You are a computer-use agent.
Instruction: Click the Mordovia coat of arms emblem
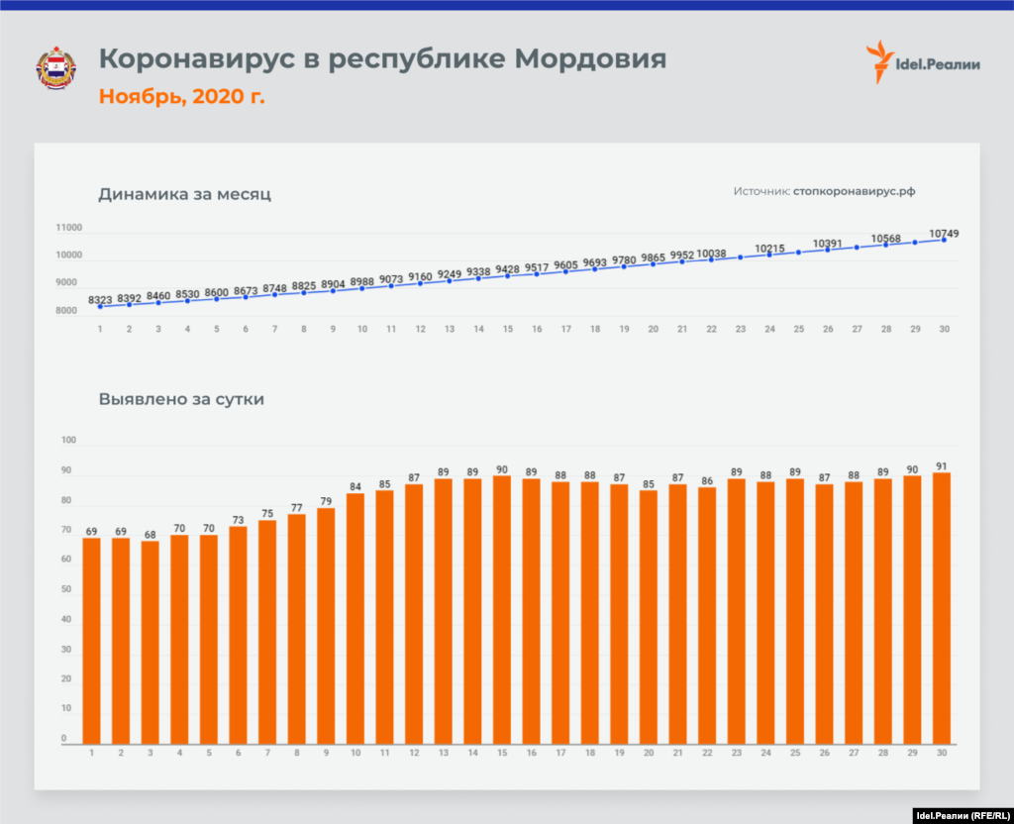click(x=55, y=68)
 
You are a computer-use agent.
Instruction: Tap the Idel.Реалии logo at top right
click(x=923, y=63)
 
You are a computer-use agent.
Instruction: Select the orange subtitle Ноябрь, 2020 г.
click(x=181, y=96)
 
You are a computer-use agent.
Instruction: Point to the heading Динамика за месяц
click(x=184, y=194)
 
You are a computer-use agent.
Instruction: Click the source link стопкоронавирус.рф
click(x=861, y=191)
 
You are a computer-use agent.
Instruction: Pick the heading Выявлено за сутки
click(x=181, y=400)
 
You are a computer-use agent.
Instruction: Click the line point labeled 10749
click(x=944, y=240)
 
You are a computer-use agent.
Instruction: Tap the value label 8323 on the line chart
click(x=101, y=299)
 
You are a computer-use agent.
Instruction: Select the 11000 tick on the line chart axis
click(x=69, y=228)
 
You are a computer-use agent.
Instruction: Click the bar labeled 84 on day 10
click(x=355, y=618)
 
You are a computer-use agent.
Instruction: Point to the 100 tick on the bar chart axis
click(x=68, y=440)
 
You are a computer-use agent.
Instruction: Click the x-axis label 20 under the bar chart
click(x=649, y=754)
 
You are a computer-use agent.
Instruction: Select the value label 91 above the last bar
click(x=942, y=465)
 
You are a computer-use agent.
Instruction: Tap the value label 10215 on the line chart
click(x=770, y=249)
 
